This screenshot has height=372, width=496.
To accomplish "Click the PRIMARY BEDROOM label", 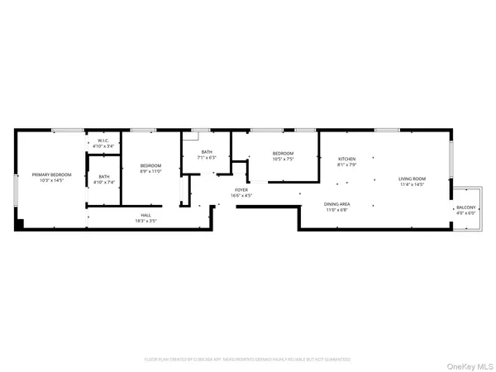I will click(x=51, y=174).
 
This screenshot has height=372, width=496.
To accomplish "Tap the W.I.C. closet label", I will click(x=103, y=141).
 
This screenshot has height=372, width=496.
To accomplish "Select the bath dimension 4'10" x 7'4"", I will click(x=104, y=181).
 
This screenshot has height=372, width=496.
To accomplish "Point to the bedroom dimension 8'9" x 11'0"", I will click(x=150, y=171).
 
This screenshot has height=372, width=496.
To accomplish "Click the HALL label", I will click(x=145, y=215).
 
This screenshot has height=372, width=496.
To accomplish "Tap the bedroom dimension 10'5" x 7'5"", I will click(x=283, y=158).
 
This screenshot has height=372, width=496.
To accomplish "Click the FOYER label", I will click(x=241, y=190).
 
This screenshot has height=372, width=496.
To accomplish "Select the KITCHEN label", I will click(x=346, y=159).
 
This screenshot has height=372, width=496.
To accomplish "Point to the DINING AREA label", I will click(x=336, y=204).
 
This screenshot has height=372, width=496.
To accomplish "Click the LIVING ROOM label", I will click(x=412, y=179).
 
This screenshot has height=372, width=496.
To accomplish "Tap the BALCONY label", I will click(x=466, y=207).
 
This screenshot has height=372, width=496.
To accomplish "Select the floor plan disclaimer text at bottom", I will click(x=247, y=360).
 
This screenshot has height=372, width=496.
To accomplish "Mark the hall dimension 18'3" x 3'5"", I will click(x=145, y=221).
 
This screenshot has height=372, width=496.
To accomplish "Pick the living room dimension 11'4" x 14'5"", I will click(x=412, y=184).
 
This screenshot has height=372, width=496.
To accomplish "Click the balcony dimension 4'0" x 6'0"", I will click(x=466, y=213).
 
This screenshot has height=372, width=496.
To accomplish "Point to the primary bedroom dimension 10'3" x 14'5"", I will click(x=51, y=180).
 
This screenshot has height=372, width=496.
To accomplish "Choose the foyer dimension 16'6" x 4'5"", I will click(x=241, y=196).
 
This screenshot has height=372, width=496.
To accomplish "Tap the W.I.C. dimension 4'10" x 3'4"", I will click(x=103, y=147).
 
